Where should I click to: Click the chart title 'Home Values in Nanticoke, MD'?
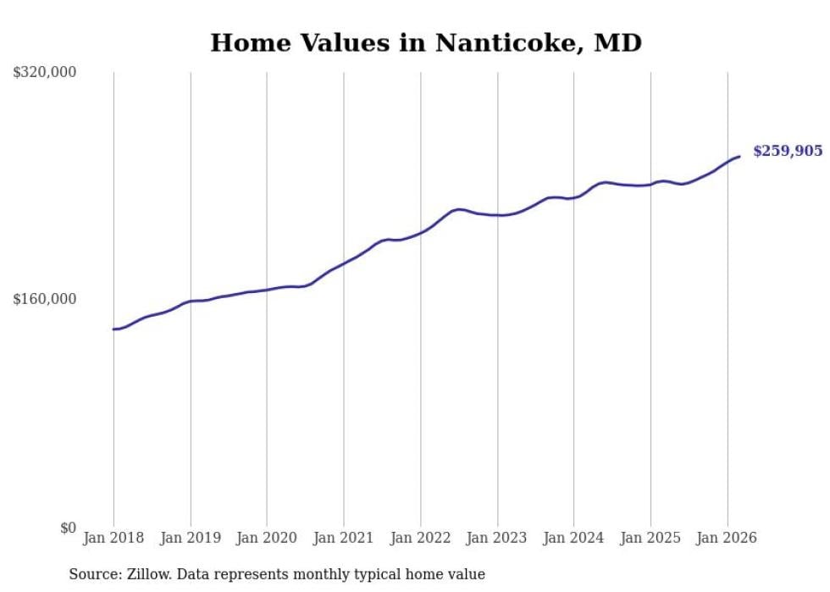pyautogui.click(x=426, y=42)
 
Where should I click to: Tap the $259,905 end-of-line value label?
pyautogui.click(x=788, y=151)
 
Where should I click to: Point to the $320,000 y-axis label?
pyautogui.click(x=44, y=73)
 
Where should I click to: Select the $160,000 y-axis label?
pyautogui.click(x=44, y=299)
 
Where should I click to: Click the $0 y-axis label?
pyautogui.click(x=68, y=528)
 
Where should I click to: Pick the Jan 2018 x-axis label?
pyautogui.click(x=113, y=538)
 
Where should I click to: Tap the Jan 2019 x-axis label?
pyautogui.click(x=191, y=538)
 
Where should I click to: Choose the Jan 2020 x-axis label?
pyautogui.click(x=267, y=538)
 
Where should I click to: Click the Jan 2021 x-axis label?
pyautogui.click(x=344, y=538)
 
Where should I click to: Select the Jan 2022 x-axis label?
pyautogui.click(x=420, y=538)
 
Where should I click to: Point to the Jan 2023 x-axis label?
pyautogui.click(x=497, y=538)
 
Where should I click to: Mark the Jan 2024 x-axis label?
pyautogui.click(x=573, y=538)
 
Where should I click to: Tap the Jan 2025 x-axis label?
pyautogui.click(x=650, y=538)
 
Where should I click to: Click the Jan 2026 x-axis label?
pyautogui.click(x=727, y=538)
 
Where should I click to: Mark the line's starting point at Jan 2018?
pyautogui.click(x=113, y=329)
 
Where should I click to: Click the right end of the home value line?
pyautogui.click(x=739, y=156)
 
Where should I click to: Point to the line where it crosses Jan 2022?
pyautogui.click(x=420, y=232)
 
